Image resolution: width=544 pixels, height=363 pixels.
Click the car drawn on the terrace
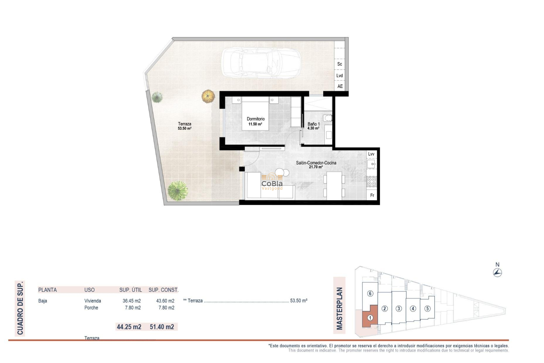click(261, 63)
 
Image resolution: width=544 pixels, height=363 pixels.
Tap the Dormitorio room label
click(256, 119)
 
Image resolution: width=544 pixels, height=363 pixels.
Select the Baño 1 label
click(313, 124)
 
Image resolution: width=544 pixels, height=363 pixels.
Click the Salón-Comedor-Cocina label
click(316, 163)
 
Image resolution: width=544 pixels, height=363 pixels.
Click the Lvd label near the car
click(339, 76)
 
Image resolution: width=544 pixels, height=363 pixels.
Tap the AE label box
click(340, 86)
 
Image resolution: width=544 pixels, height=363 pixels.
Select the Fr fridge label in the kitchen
click(372, 195)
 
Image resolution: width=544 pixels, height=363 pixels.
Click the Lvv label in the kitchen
click(371, 154)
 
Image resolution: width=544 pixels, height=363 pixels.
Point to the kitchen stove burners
click(371, 181)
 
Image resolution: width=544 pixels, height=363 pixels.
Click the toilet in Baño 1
click(328, 118)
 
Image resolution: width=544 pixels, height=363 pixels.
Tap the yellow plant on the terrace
click(208, 96)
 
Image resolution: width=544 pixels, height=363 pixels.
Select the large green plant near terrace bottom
click(178, 191)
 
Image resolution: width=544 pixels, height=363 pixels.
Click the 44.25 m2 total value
click(129, 327)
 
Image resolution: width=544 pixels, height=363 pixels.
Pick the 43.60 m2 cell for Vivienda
click(165, 301)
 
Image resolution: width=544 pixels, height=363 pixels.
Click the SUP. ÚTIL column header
click(130, 290)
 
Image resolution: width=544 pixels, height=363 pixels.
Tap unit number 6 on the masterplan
click(370, 294)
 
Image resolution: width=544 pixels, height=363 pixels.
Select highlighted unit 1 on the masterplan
click(370, 318)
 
